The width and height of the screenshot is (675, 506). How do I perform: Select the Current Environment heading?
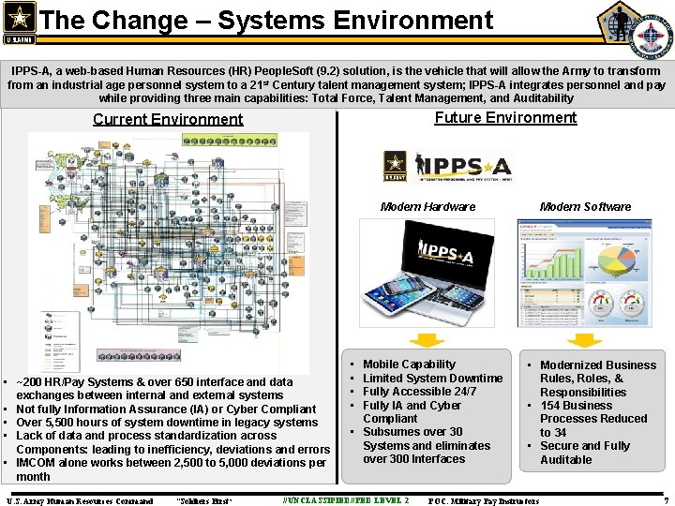coord(168,119)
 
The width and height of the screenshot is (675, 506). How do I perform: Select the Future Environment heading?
coord(505,117)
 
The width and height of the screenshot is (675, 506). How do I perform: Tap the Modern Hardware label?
coord(427,206)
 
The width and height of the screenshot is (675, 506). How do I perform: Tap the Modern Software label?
coord(585,206)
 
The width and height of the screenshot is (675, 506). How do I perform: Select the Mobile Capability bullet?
coord(409,365)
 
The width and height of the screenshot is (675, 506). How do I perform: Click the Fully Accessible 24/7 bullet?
coord(419,392)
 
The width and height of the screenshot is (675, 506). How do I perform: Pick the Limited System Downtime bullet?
coord(432,378)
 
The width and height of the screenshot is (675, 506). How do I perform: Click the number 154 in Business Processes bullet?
coord(550,406)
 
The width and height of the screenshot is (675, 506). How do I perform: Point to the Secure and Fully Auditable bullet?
coord(584,453)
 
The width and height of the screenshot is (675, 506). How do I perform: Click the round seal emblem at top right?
coord(650,36)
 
